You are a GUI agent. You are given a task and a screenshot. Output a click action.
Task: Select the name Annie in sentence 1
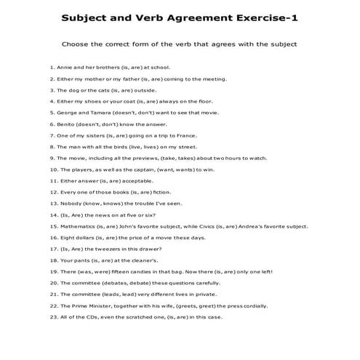point(64,67)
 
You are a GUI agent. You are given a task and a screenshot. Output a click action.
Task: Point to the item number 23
point(53,317)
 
